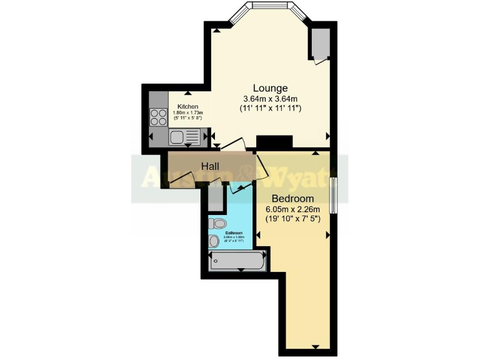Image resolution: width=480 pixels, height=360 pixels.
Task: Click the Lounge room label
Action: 270,87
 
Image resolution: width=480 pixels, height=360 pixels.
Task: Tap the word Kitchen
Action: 187,106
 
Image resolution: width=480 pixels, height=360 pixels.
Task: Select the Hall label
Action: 209,166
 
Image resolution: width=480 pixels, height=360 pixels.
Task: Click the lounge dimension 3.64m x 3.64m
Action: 270,98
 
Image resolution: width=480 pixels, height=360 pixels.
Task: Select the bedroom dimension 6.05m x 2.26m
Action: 292,209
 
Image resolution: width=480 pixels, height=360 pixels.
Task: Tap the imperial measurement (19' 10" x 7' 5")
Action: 292,219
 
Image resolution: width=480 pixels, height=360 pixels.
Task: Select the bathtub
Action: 237,261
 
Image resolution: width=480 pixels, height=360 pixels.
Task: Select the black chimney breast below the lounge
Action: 274,142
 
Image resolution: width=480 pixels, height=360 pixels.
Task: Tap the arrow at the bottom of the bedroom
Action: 315,347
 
